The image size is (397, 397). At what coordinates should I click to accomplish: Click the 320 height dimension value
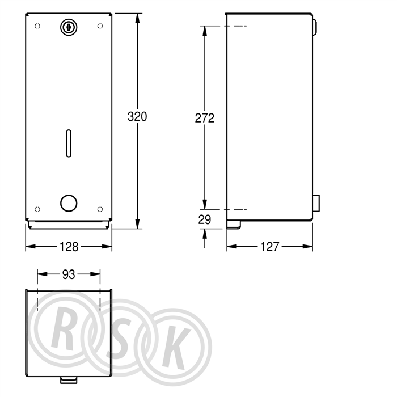coord(137,117)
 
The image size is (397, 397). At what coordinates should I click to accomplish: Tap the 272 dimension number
coord(205,118)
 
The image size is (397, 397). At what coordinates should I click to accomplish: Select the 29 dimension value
coord(205,219)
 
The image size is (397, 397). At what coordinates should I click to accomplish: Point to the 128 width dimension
coord(69,247)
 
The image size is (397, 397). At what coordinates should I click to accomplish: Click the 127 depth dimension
coord(269,247)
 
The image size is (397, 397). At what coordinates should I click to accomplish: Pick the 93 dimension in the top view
coord(69,274)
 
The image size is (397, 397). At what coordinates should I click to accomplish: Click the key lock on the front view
coord(69,27)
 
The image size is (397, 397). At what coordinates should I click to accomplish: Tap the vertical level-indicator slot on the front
coord(69,143)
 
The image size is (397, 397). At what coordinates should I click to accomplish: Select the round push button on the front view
coord(69,203)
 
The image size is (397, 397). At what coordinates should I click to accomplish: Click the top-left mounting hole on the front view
coord(37,26)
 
